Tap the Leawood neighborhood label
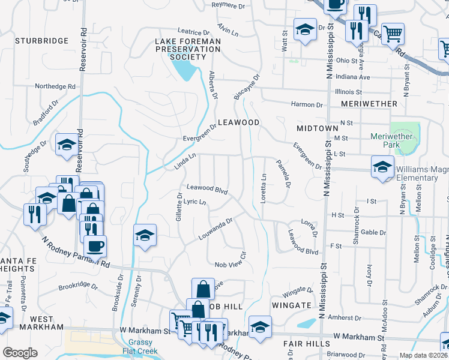pyautogui.click(x=238, y=122)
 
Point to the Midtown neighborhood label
pyautogui.click(x=318, y=128)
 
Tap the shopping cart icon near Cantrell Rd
pyautogui.click(x=393, y=34)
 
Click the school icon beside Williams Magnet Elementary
pyautogui.click(x=382, y=167)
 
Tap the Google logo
pyautogui.click(x=20, y=353)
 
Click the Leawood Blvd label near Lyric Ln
pyautogui.click(x=207, y=188)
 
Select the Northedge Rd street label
pyautogui.click(x=53, y=86)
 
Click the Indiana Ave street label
pyautogui.click(x=354, y=77)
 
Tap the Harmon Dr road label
pyautogui.click(x=307, y=104)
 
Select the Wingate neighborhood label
pyautogui.click(x=291, y=305)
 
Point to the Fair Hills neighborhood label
pyautogui.click(x=306, y=344)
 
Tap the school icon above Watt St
pyautogui.click(x=305, y=30)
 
